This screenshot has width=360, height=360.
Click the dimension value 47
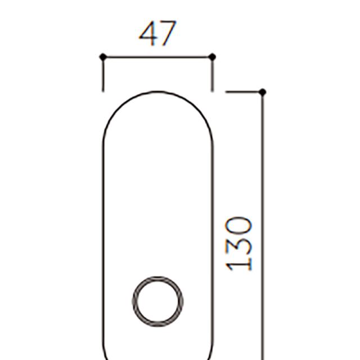157,34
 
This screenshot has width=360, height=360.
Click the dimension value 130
238,244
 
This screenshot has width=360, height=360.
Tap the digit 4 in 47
148,34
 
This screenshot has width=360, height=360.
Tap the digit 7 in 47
168,34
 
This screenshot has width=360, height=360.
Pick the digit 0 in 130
238,226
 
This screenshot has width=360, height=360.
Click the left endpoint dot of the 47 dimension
103,57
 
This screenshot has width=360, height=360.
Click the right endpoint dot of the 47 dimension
213,57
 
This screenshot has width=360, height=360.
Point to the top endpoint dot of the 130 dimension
263,92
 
